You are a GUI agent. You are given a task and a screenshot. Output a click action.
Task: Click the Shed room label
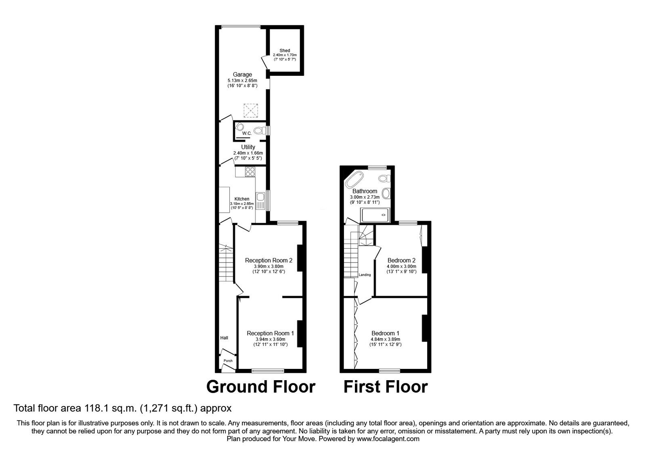[x=285, y=51]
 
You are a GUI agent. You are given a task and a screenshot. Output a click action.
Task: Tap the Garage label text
[x=242, y=74]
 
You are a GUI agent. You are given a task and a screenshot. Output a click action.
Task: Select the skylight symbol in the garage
[x=250, y=110]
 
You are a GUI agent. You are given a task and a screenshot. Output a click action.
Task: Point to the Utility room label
[x=248, y=147]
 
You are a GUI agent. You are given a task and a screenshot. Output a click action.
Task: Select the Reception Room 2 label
[x=268, y=260]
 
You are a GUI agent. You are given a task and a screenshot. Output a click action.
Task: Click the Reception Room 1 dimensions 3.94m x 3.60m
[x=270, y=339]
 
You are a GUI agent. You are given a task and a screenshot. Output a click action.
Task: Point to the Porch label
[x=228, y=361]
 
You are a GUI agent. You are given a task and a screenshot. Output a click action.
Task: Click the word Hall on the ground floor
[x=224, y=338]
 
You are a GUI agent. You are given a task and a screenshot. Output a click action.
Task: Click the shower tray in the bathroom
[x=376, y=215]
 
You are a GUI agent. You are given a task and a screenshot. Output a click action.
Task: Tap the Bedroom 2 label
[x=401, y=260]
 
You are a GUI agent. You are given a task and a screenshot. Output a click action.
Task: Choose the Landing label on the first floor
[x=365, y=275]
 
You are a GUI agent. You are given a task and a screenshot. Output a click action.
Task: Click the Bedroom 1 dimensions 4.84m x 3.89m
[x=386, y=339]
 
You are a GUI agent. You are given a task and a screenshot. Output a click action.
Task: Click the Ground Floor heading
[x=260, y=387]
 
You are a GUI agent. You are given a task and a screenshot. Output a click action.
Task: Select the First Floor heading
[x=386, y=387]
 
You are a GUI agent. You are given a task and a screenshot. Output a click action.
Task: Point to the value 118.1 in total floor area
[x=101, y=408]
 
